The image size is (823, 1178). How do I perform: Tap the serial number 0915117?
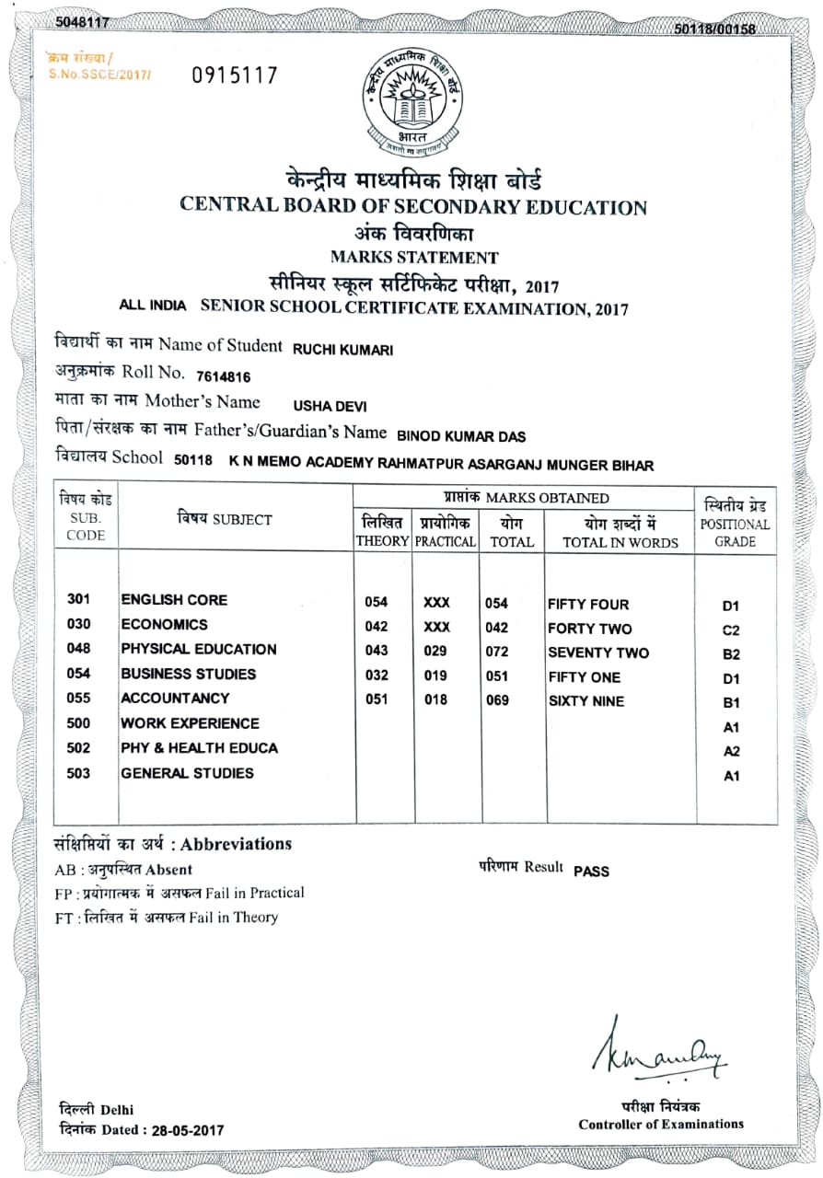pyautogui.click(x=234, y=75)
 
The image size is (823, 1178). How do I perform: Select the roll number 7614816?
pyautogui.click(x=223, y=376)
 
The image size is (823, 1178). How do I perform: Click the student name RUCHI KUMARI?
pyautogui.click(x=342, y=349)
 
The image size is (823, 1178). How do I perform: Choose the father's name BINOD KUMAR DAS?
pyautogui.click(x=461, y=435)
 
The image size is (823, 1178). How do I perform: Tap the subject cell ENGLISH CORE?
pyautogui.click(x=174, y=600)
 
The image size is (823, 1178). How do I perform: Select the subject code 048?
pyautogui.click(x=79, y=649)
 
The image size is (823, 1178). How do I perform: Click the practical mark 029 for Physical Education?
pyautogui.click(x=435, y=652)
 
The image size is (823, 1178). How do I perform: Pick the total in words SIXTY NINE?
pyautogui.click(x=585, y=701)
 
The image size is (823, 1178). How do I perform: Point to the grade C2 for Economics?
pyautogui.click(x=731, y=630)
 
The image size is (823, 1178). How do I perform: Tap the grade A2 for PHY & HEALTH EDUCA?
pyautogui.click(x=731, y=751)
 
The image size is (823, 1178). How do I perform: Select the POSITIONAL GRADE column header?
pyautogui.click(x=735, y=524)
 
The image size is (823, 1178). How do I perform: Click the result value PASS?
pyautogui.click(x=591, y=871)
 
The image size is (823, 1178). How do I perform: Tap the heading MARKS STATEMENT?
pyautogui.click(x=413, y=258)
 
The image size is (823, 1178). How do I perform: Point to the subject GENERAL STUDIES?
pyautogui.click(x=187, y=773)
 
